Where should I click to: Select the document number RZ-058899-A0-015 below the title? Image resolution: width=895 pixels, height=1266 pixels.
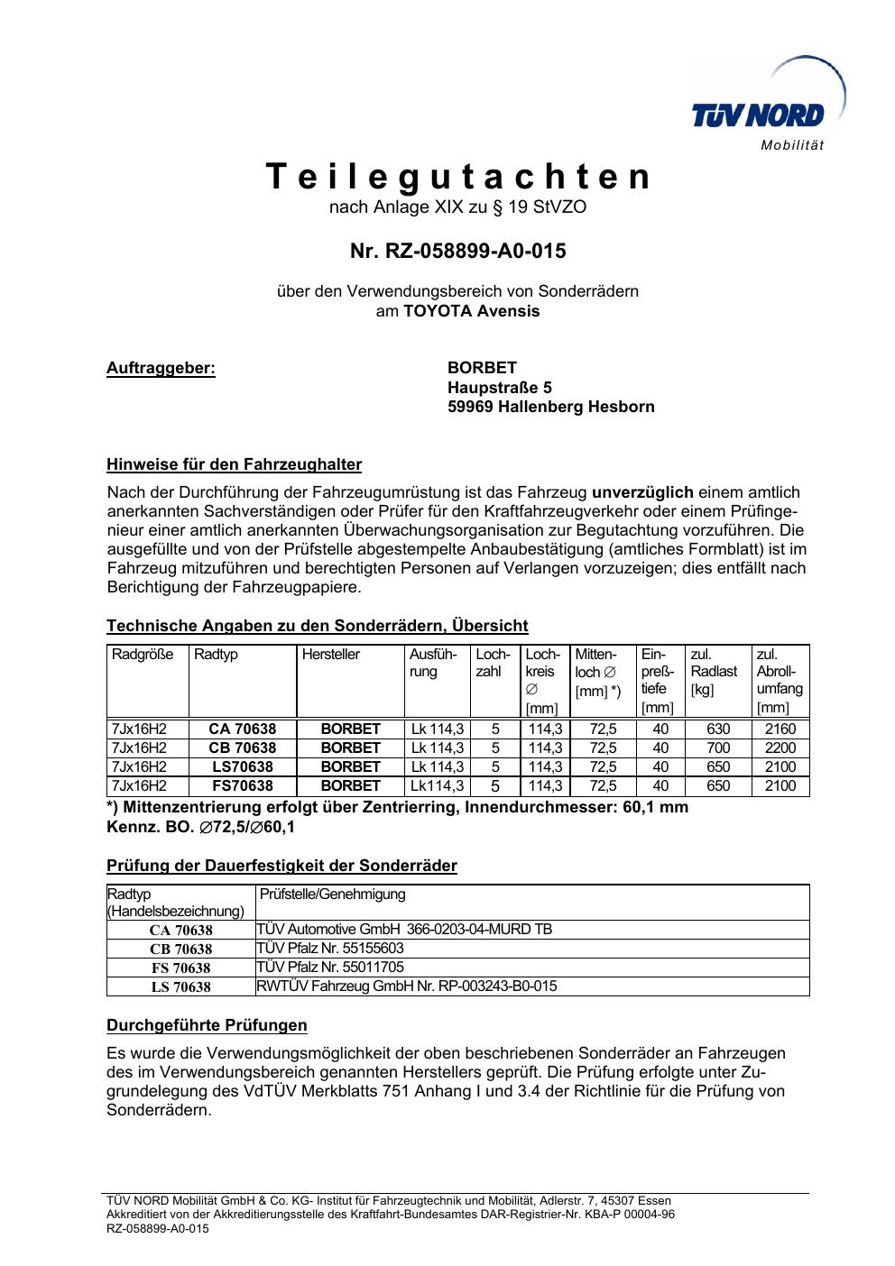coord(458,252)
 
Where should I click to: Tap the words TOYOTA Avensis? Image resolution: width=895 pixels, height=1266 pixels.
coord(471,311)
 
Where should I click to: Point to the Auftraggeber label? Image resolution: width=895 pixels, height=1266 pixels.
coord(161,368)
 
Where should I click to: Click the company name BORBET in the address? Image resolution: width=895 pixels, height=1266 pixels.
coord(483,368)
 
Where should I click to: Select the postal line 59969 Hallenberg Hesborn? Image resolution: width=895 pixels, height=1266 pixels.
coord(551,407)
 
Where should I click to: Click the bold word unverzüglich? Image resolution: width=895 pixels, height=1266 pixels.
coord(642,492)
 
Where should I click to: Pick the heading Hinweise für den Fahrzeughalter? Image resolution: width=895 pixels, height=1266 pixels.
coord(235,465)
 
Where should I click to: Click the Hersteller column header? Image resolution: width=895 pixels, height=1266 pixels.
coord(331,655)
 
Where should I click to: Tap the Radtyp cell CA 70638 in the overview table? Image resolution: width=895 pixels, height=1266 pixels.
coord(243,729)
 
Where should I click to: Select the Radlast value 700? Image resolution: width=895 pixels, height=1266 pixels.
coord(718,748)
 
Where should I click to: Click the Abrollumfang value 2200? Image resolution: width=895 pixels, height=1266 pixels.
coord(780,748)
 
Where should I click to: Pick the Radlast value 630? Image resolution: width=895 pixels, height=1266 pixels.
coord(718,729)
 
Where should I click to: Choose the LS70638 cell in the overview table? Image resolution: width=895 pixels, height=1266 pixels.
coord(243,766)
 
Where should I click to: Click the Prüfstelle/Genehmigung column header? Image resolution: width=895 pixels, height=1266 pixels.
coord(333,894)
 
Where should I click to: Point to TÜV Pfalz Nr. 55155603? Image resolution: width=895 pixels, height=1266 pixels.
coord(330,948)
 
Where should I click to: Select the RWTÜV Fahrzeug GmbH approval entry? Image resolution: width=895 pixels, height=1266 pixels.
coord(407,986)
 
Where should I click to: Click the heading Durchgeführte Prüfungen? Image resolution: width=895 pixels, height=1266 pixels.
coord(207,1025)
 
